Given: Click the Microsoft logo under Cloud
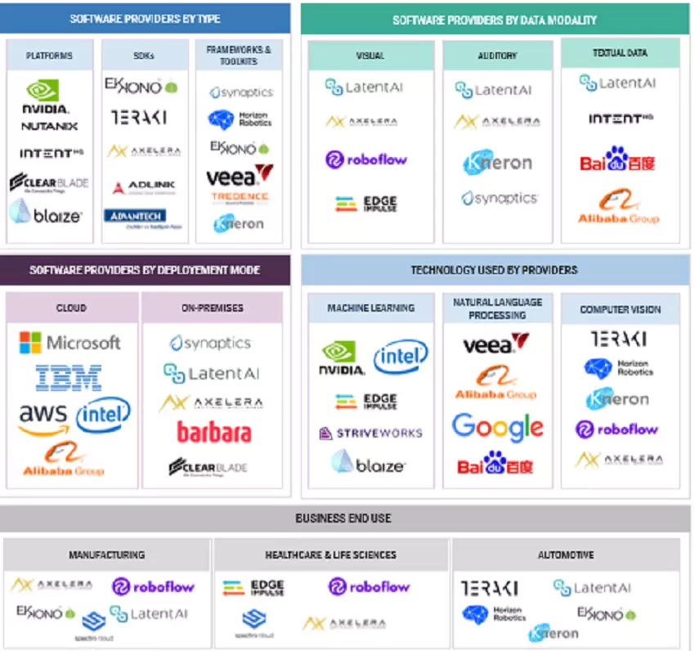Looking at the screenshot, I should click(69, 343).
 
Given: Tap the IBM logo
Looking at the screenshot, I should click(69, 378).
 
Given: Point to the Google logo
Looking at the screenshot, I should click(497, 426).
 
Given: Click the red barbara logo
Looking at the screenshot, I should click(213, 431).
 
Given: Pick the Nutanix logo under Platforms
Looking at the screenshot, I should click(49, 127).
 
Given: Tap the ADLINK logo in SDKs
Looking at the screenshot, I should click(143, 187).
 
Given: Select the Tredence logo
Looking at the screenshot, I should click(240, 198).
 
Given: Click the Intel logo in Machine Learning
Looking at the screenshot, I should click(401, 357).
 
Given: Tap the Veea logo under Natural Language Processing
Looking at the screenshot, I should click(495, 343).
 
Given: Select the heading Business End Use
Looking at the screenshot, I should click(343, 519).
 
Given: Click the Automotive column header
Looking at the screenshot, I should click(565, 554).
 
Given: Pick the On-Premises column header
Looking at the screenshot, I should click(212, 308).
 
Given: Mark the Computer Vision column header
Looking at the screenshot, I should click(620, 310).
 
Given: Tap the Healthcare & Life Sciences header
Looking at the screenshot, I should click(330, 554).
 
